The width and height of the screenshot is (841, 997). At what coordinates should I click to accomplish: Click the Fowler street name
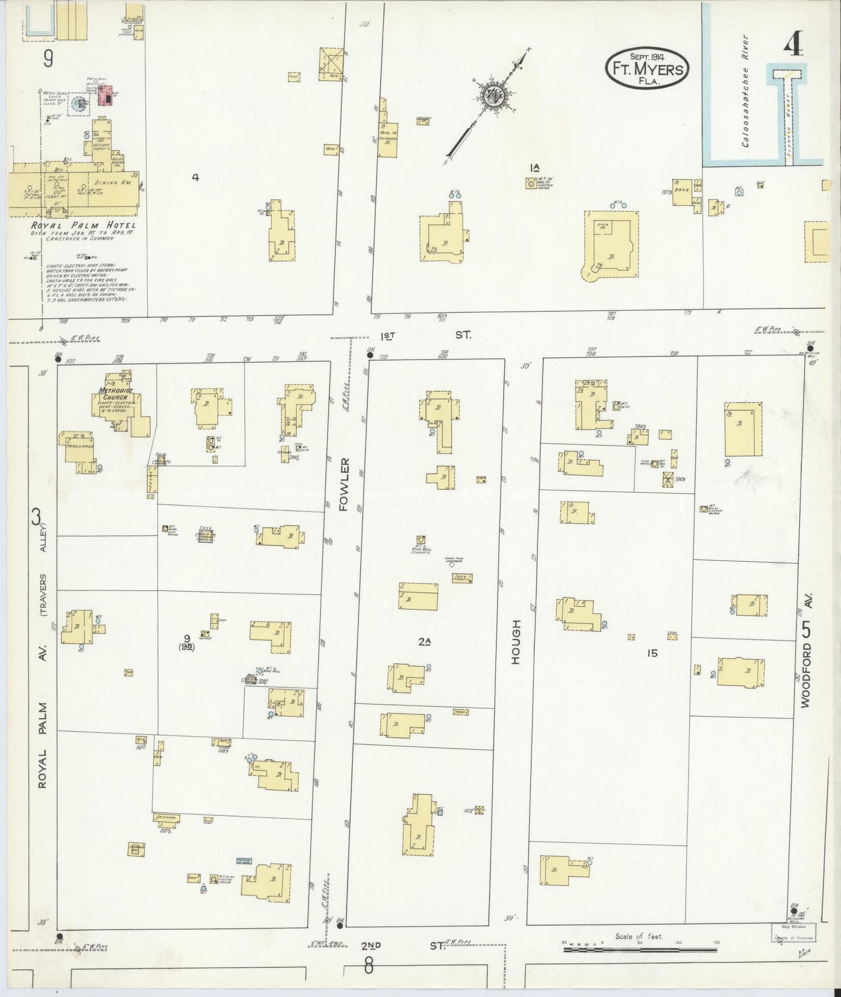coord(343,484)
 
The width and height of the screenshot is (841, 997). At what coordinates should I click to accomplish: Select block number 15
coord(651,653)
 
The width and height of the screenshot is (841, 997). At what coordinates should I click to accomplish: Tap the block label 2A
coord(424,642)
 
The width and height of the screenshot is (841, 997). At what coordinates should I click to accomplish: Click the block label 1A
coord(534,168)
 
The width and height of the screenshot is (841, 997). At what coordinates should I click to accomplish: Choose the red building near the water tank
coord(107,98)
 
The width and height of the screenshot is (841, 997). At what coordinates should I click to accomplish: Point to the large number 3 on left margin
coord(37,516)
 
